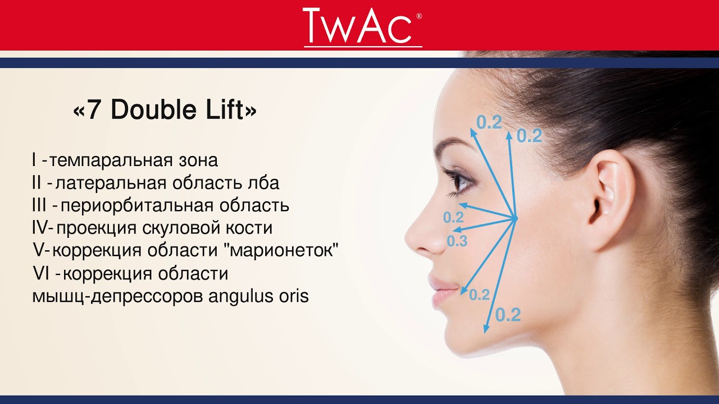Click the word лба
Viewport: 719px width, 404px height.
click(263, 183)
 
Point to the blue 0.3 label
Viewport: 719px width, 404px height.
click(457, 241)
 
